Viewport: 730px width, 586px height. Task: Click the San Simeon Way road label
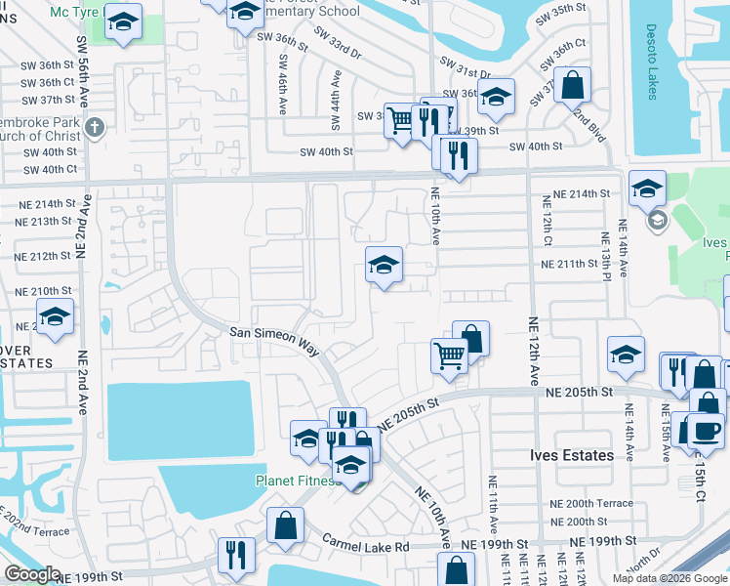(274, 333)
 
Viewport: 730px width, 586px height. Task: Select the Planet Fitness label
(295, 481)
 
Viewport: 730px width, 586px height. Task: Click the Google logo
(32, 574)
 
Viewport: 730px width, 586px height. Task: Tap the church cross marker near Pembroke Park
(94, 127)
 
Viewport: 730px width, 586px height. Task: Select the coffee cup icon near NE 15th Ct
(706, 429)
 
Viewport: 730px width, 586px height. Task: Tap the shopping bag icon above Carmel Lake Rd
(285, 525)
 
